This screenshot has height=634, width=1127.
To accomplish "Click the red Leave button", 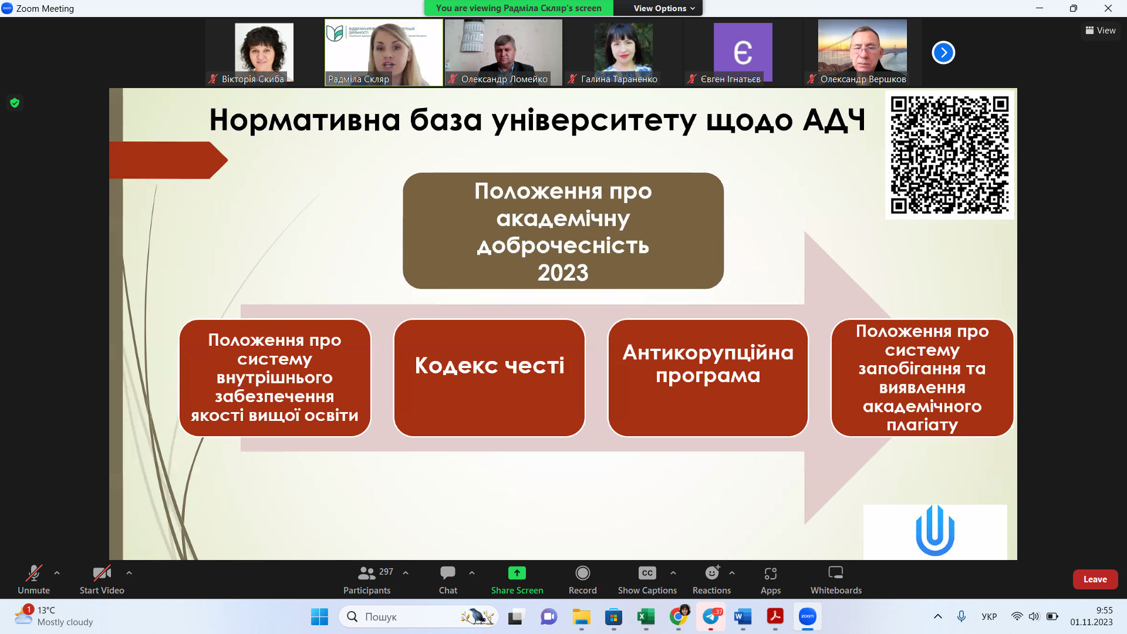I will tap(1095, 579).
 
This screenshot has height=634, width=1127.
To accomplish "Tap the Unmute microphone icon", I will tap(33, 573).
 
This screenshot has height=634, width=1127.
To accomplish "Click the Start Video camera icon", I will tap(102, 573).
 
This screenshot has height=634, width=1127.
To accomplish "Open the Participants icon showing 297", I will tap(367, 573).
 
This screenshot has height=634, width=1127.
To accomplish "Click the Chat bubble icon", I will tap(448, 573).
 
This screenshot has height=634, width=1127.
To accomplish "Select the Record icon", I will tap(582, 573).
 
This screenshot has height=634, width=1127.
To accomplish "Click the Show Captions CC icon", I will tap(647, 573).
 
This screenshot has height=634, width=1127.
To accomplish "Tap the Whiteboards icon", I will tap(835, 573).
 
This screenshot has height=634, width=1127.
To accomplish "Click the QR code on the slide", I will tap(949, 155).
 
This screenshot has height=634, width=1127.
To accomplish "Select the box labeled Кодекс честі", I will tap(489, 377).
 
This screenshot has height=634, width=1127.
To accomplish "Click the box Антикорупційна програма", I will tap(708, 377).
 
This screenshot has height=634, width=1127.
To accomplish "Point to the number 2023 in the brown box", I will tap(563, 273).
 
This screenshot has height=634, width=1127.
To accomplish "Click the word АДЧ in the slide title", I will tap(834, 120).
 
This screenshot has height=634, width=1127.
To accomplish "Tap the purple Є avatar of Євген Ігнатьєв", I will tap(743, 52).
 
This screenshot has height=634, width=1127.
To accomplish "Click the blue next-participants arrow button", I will tap(943, 53).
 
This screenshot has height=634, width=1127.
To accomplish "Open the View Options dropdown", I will tap(664, 8).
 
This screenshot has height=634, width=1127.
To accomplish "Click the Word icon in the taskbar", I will tap(743, 616).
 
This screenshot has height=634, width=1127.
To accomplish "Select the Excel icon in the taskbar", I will tap(646, 616).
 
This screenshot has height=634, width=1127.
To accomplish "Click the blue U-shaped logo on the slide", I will tap(934, 531).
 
